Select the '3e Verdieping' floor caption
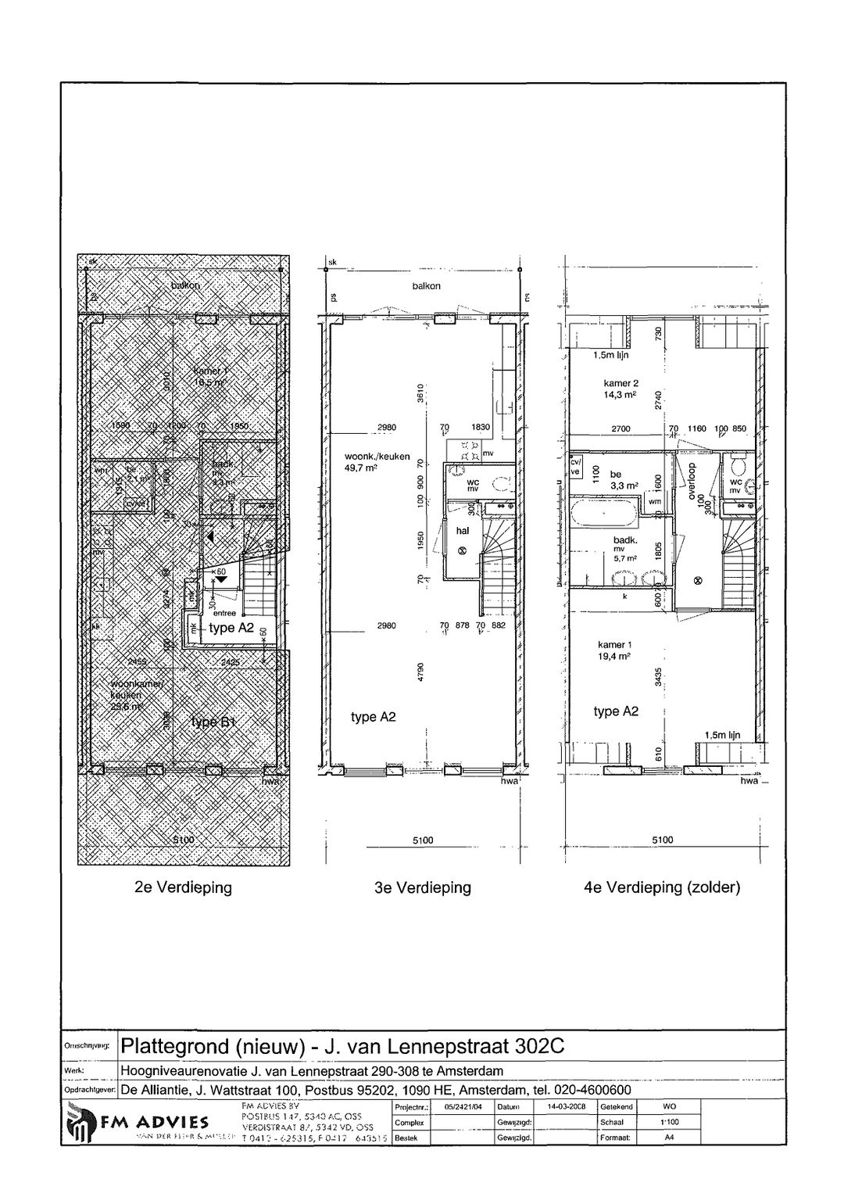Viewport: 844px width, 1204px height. (423, 888)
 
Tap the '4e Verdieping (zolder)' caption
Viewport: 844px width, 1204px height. (662, 888)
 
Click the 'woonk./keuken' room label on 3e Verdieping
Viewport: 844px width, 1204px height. (377, 457)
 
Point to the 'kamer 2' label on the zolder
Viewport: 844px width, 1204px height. (621, 383)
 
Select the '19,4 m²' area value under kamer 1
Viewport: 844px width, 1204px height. (615, 657)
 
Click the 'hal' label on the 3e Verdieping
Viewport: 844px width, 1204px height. (462, 530)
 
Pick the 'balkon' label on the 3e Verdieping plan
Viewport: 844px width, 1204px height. (427, 286)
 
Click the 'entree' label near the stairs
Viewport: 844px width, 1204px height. (224, 614)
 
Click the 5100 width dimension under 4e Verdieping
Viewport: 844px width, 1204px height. (662, 840)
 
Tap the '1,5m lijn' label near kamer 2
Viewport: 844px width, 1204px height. (610, 355)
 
